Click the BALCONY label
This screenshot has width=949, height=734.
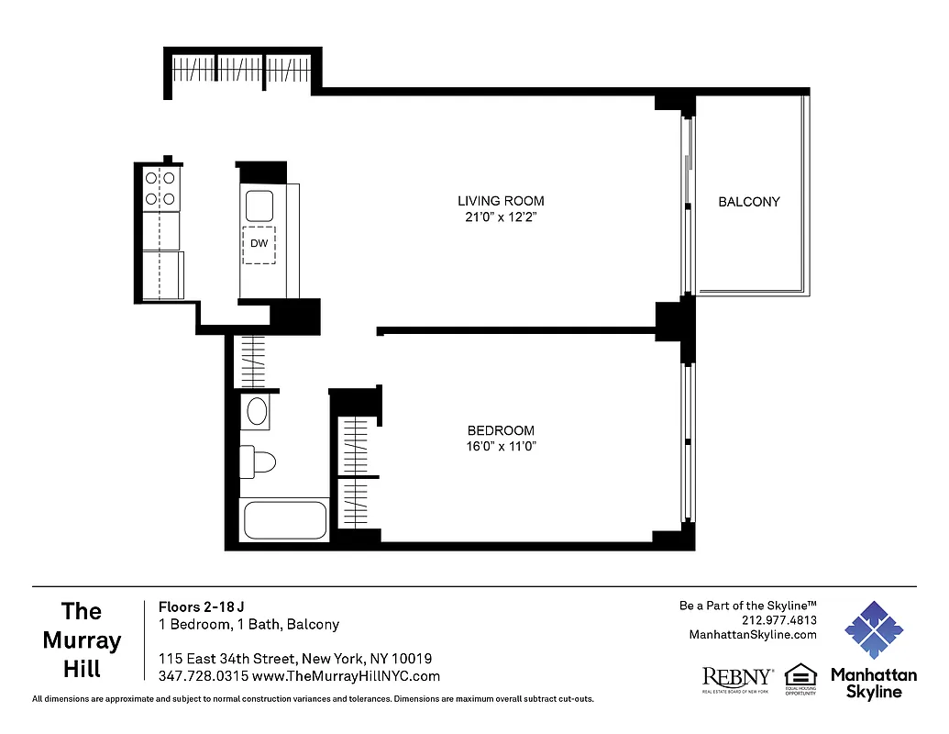click(748, 202)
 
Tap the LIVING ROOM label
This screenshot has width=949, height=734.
click(501, 201)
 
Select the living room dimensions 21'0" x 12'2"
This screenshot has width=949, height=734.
click(501, 217)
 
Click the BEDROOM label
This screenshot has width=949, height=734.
click(501, 430)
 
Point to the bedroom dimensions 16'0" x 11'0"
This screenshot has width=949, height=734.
click(501, 447)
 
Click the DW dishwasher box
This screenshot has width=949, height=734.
click(259, 244)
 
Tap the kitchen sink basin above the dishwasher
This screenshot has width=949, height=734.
click(259, 203)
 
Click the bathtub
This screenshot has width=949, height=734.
click(284, 521)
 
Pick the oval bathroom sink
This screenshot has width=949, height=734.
click(257, 411)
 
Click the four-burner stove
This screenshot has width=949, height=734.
click(160, 188)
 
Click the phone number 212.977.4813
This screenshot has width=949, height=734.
click(779, 619)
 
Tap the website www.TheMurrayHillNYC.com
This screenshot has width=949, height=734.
click(346, 676)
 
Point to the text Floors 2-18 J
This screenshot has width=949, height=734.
click(201, 606)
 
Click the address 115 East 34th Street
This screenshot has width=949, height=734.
click(226, 659)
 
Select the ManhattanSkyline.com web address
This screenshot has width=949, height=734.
click(752, 634)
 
